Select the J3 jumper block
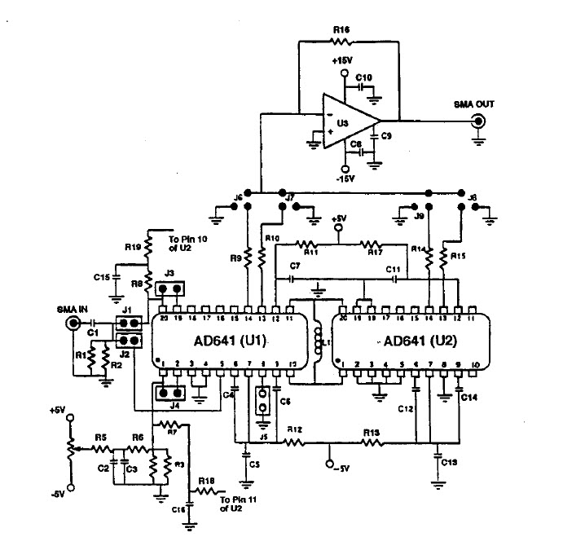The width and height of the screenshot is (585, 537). click(x=170, y=288)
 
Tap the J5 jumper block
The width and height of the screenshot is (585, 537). click(x=263, y=401)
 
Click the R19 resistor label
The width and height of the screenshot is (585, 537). click(x=133, y=244)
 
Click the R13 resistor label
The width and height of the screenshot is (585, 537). click(x=371, y=430)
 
